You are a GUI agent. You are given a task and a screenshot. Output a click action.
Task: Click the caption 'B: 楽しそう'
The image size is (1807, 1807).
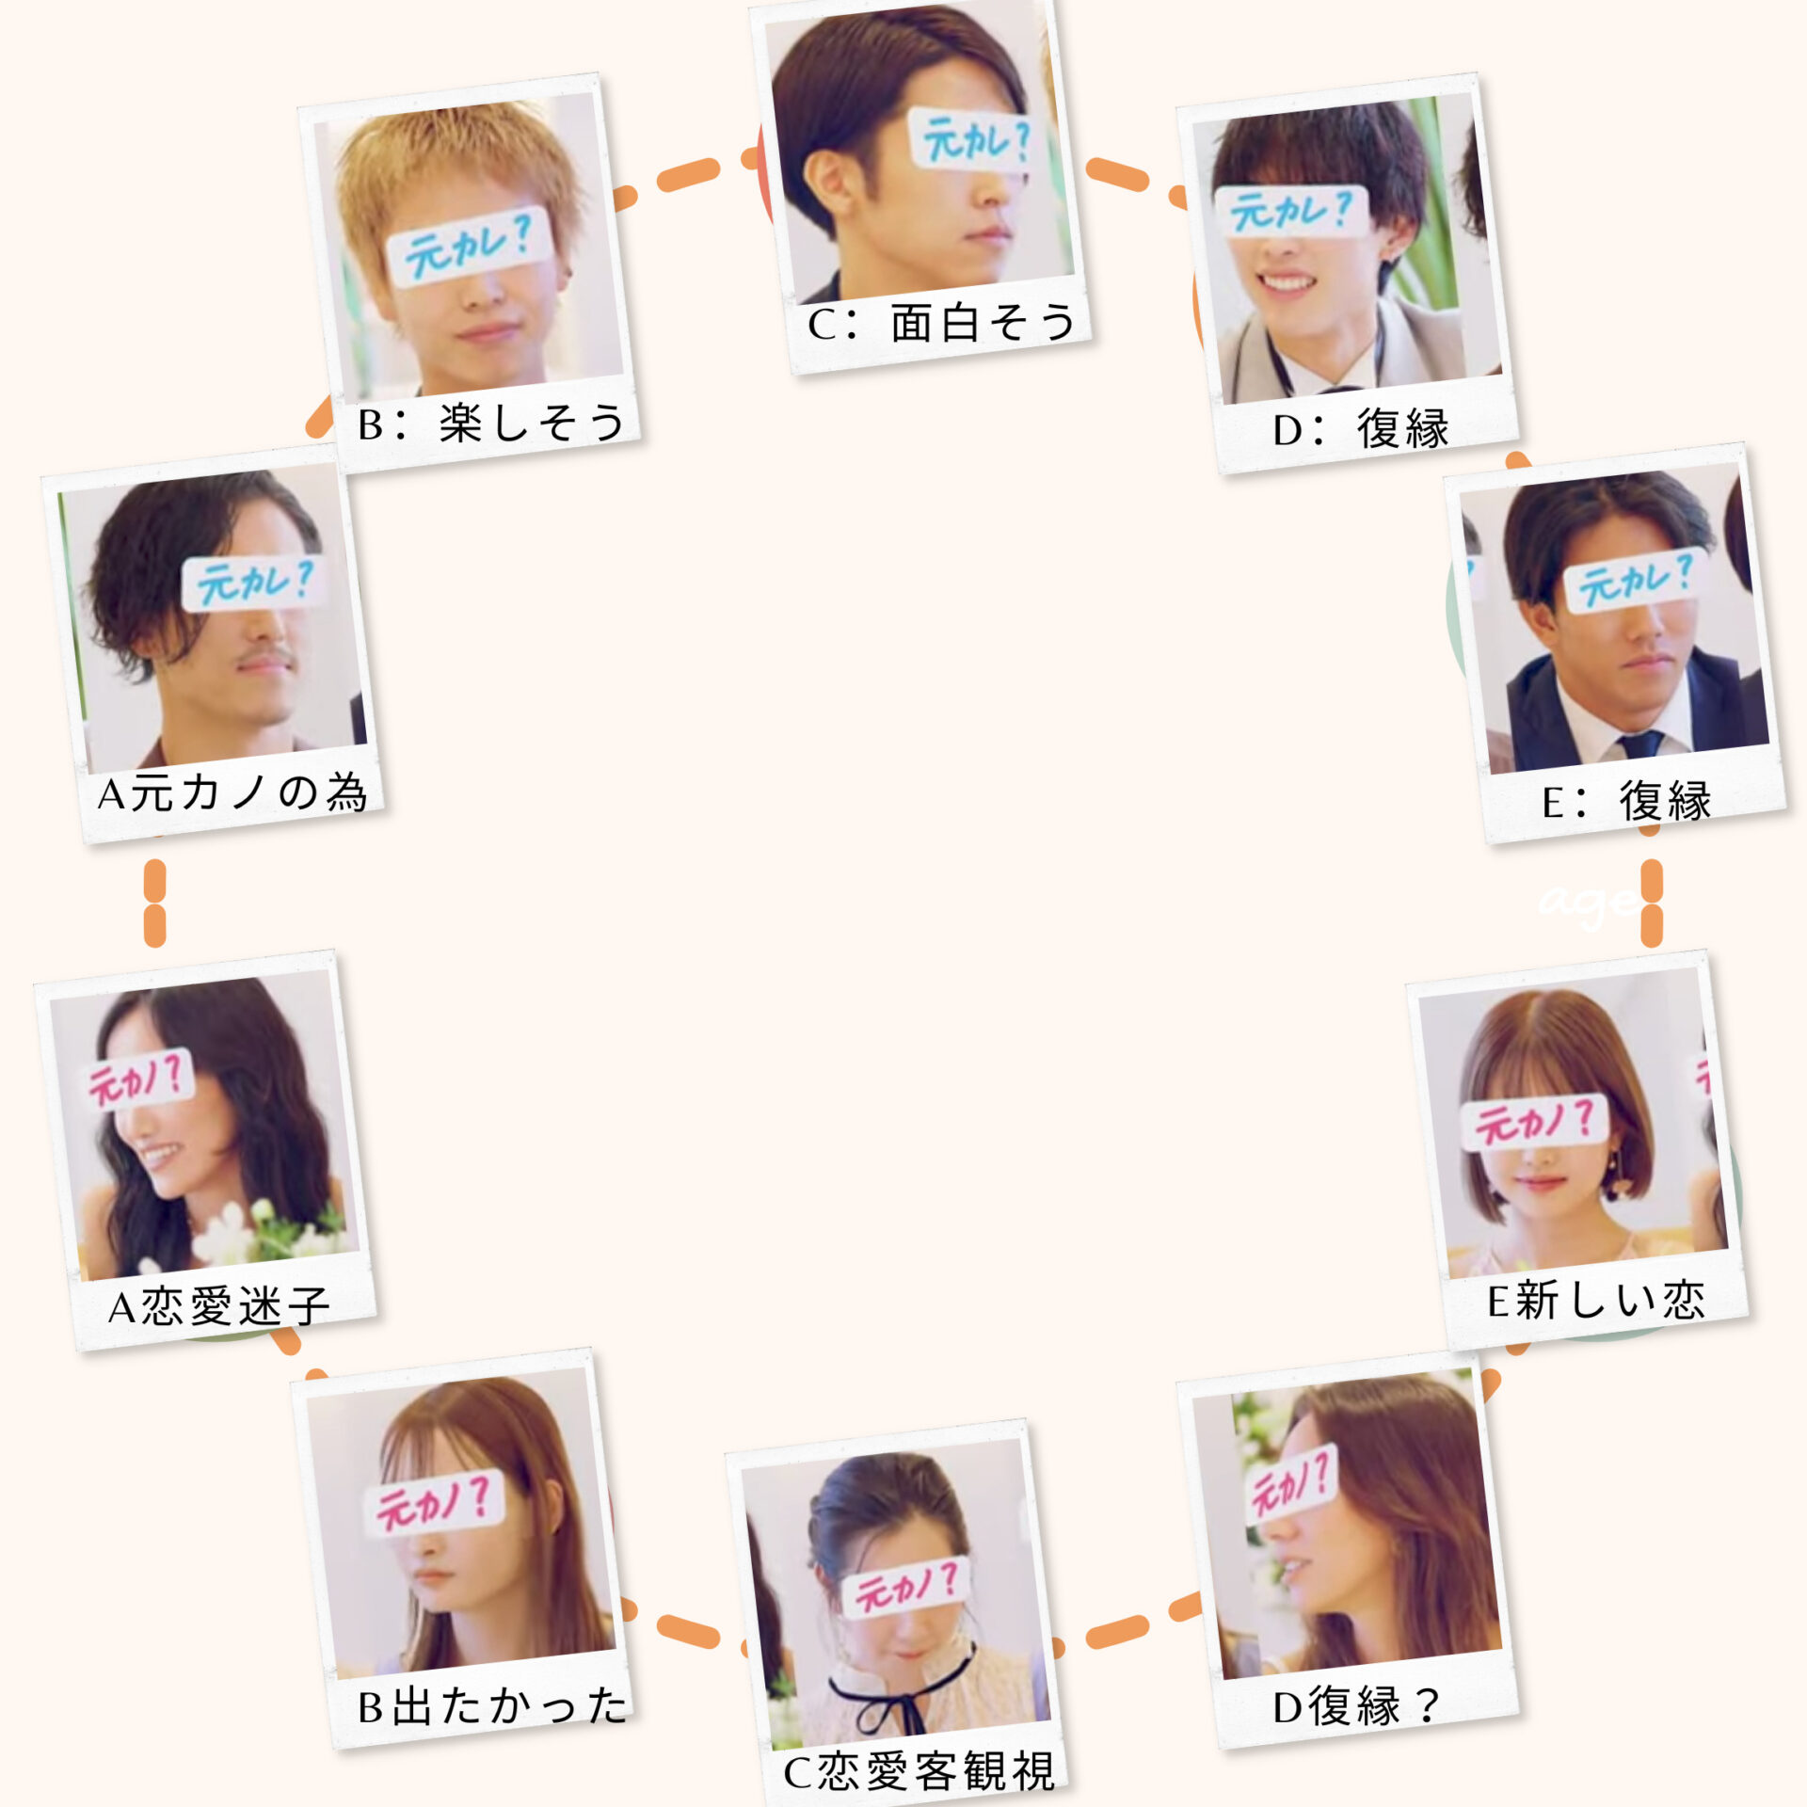pyautogui.click(x=491, y=423)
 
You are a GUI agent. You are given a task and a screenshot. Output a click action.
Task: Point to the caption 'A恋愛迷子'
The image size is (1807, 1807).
pyautogui.click(x=219, y=1306)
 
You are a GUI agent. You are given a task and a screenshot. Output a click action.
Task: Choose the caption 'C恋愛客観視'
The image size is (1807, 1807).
pyautogui.click(x=919, y=1772)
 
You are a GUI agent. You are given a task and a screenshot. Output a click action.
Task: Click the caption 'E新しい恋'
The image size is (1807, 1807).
pyautogui.click(x=1596, y=1301)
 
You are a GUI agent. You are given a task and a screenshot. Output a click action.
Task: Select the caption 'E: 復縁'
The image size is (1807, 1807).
pyautogui.click(x=1626, y=801)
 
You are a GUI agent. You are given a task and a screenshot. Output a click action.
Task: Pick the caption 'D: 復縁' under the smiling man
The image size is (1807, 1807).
pyautogui.click(x=1361, y=429)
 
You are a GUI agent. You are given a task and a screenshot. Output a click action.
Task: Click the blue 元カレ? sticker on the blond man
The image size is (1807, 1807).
pyautogui.click(x=469, y=247)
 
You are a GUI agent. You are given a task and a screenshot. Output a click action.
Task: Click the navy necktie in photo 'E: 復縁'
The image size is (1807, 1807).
pyautogui.click(x=1642, y=744)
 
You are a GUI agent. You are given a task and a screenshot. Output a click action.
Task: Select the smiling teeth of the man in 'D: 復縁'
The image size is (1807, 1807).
pyautogui.click(x=1287, y=282)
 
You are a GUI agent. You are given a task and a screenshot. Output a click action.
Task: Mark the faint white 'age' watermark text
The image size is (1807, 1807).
pyautogui.click(x=1586, y=904)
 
